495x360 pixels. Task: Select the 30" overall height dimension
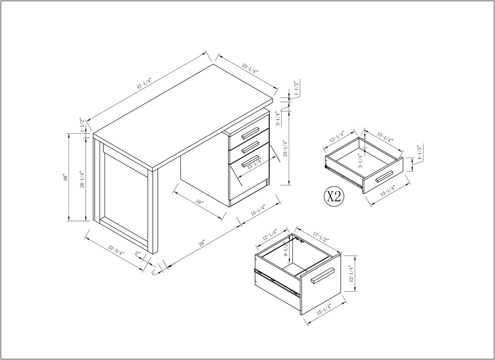coord(65,178)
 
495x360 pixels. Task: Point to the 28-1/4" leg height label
coord(82,179)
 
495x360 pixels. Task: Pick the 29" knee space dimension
coord(202,243)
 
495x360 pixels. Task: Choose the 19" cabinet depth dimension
coord(200,202)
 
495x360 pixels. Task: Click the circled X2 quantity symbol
coord(334,197)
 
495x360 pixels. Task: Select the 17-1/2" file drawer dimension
coord(321,237)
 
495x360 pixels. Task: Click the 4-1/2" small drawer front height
coord(419,152)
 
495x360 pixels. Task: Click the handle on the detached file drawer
coord(323,275)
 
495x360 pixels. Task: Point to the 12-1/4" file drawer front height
coord(351,273)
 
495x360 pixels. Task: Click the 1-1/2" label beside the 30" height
coord(82,125)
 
